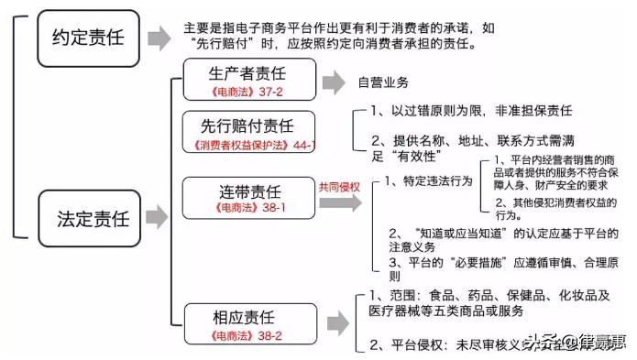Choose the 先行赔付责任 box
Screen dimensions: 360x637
[x=250, y=133]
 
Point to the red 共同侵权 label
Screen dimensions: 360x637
[x=338, y=186]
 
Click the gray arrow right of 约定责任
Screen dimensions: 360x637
[x=159, y=38]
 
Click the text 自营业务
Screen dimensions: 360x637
[x=382, y=82]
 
